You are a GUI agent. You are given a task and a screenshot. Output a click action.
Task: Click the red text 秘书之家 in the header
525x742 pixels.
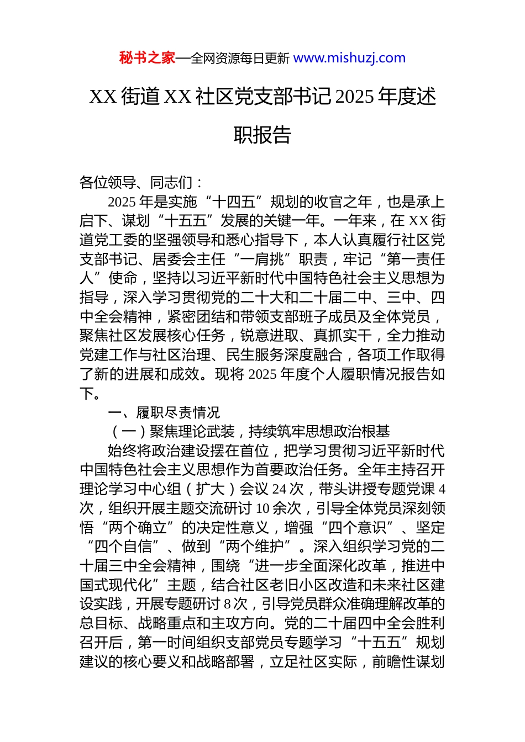point(146,58)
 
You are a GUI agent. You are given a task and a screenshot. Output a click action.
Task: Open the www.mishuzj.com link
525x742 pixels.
point(349,58)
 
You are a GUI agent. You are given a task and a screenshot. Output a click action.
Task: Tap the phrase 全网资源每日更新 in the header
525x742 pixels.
point(239,58)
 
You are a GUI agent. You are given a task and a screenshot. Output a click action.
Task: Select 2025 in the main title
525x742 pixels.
point(354,97)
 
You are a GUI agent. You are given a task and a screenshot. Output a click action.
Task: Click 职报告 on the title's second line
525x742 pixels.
point(262,135)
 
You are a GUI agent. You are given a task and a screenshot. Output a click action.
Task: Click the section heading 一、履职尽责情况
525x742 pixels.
point(164,412)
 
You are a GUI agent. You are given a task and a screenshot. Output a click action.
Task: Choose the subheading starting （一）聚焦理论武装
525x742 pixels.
point(250,432)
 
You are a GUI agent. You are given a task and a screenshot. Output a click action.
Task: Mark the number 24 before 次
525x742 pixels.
point(280,489)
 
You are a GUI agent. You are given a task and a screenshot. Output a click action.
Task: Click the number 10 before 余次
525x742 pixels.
point(263,508)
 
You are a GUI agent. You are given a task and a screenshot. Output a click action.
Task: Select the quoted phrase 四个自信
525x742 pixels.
point(123,547)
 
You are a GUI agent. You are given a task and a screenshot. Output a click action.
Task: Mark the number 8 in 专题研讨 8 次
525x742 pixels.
point(227,604)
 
